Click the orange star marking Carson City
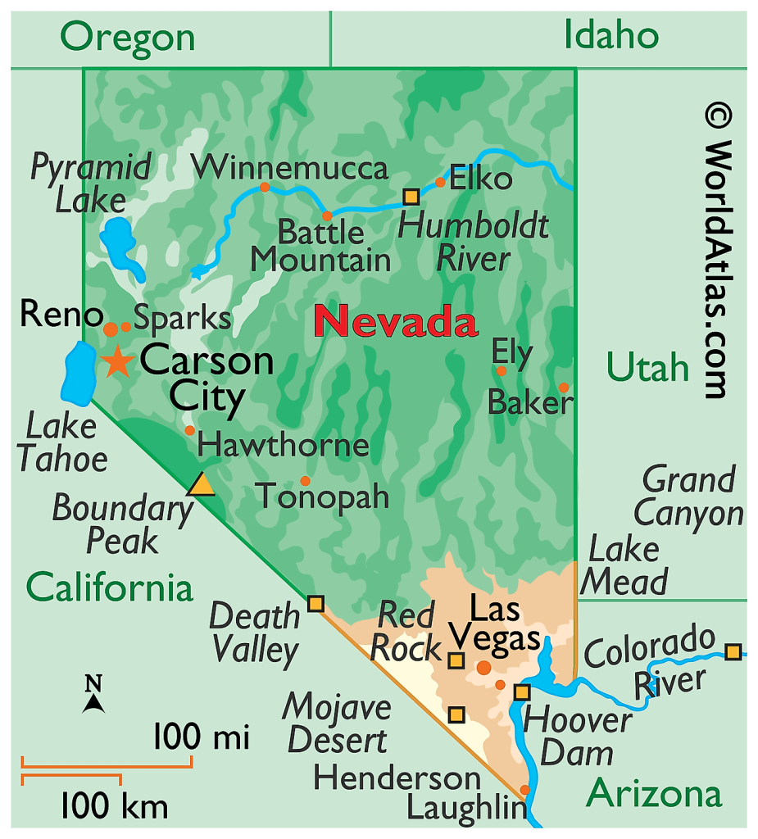[118, 361]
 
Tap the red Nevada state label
[396, 321]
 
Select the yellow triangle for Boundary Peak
[201, 485]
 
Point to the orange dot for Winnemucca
[265, 187]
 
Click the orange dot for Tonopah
[306, 481]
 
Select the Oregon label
[128, 37]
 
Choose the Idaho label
[610, 35]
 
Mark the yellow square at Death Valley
[315, 605]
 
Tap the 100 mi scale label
[202, 737]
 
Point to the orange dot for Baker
[564, 388]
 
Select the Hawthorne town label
[283, 446]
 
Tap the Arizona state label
[654, 793]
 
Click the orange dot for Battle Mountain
[327, 216]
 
